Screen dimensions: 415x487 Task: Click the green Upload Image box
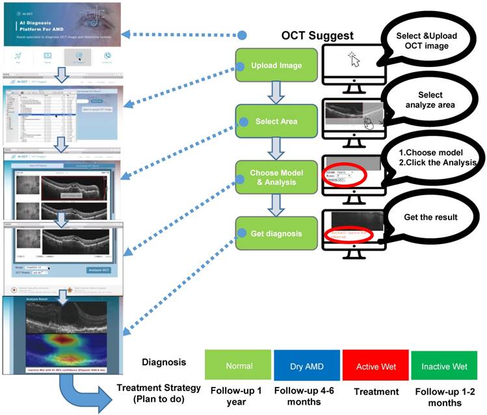(x=277, y=66)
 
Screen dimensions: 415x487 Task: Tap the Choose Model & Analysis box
(x=277, y=178)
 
